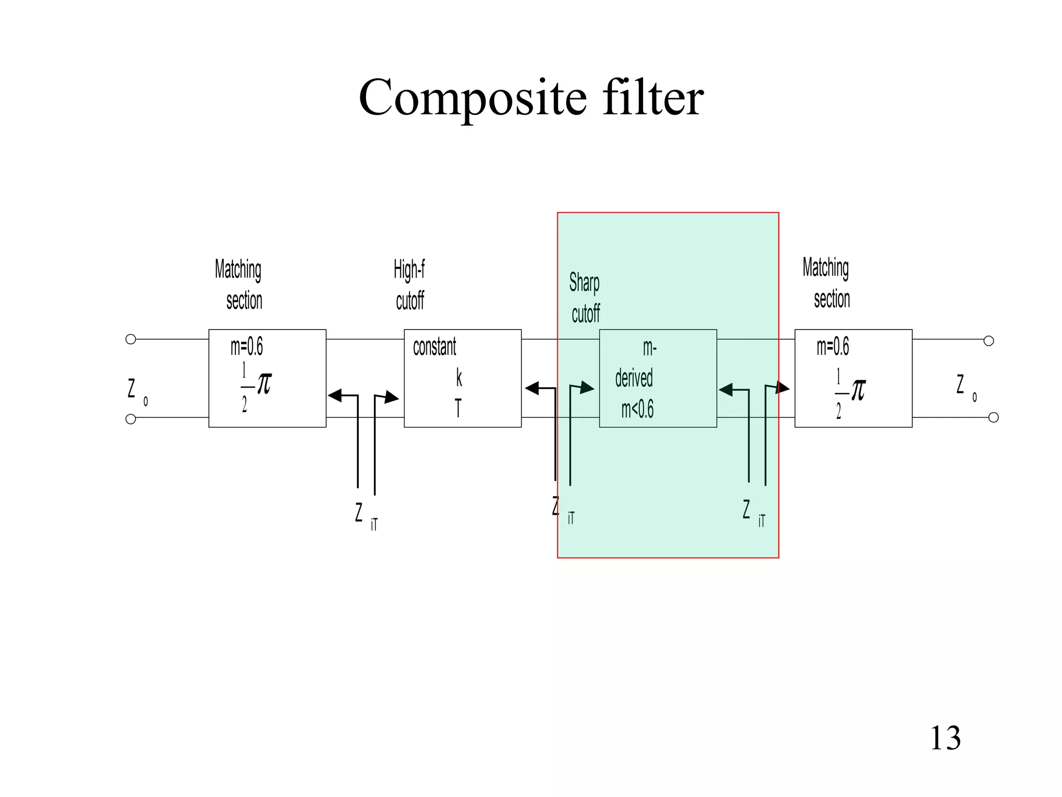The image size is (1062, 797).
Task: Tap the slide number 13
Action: [945, 738]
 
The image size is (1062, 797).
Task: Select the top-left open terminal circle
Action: [131, 339]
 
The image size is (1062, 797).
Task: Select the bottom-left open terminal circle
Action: [131, 419]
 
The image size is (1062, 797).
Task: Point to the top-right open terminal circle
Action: [989, 341]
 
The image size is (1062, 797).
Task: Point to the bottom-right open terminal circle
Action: [994, 418]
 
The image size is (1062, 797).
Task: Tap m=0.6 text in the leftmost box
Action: [247, 347]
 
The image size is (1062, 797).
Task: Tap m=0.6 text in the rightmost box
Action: [833, 347]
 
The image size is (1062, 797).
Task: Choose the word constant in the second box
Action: [435, 347]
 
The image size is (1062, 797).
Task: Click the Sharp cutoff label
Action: [584, 298]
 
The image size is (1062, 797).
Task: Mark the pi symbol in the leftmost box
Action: [264, 383]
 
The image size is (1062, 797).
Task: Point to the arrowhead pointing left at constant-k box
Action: [532, 388]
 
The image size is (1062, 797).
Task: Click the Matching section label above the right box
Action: [827, 283]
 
